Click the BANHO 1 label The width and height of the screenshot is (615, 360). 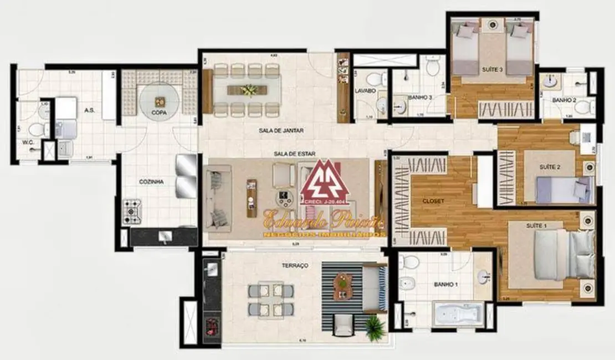click(x=445, y=285)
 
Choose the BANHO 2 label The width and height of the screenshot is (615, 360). click(x=564, y=100)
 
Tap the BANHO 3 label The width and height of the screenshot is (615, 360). click(x=419, y=97)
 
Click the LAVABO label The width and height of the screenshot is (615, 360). click(x=365, y=90)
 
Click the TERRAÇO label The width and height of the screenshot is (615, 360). click(x=295, y=266)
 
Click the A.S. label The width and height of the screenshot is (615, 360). click(x=89, y=110)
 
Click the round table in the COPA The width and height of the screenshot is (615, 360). click(x=160, y=101)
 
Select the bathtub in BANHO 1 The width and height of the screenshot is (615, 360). click(x=458, y=315)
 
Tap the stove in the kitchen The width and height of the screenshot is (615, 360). click(x=133, y=212)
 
